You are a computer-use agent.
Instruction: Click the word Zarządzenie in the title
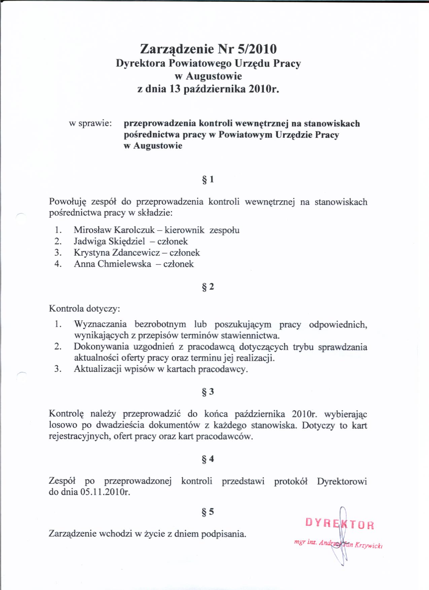(177, 49)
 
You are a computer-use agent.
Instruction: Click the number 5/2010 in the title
(257, 49)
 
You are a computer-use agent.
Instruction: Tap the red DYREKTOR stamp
(339, 524)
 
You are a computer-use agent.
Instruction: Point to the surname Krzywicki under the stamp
(368, 546)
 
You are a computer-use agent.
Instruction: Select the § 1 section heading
(208, 179)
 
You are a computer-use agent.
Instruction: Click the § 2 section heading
(208, 287)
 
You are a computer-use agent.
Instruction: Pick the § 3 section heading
(208, 392)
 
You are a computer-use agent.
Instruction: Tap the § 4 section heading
(208, 459)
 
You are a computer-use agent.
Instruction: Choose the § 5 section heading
(208, 512)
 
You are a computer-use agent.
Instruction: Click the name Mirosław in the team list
(93, 230)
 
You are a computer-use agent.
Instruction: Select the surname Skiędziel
(127, 242)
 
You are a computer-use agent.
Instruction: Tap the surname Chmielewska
(124, 264)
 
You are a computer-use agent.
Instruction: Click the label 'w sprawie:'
(90, 124)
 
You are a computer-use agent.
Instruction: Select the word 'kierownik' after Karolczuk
(184, 230)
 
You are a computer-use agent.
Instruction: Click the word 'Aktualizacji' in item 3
(98, 369)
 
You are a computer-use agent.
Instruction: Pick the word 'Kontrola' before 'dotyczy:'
(66, 309)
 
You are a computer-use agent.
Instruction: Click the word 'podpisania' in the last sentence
(223, 534)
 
